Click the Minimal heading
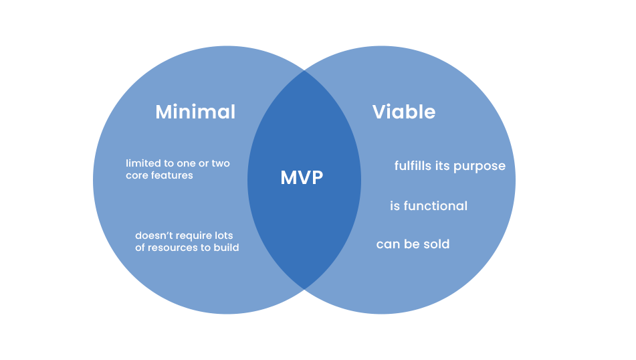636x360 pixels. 195,112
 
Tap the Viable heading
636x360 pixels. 404,112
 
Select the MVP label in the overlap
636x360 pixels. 302,178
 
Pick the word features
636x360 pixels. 173,175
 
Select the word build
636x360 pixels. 226,248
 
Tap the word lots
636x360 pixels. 232,236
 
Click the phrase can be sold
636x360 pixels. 413,244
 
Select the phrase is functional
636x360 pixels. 429,206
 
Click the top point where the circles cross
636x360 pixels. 304,70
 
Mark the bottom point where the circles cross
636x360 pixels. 304,289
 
